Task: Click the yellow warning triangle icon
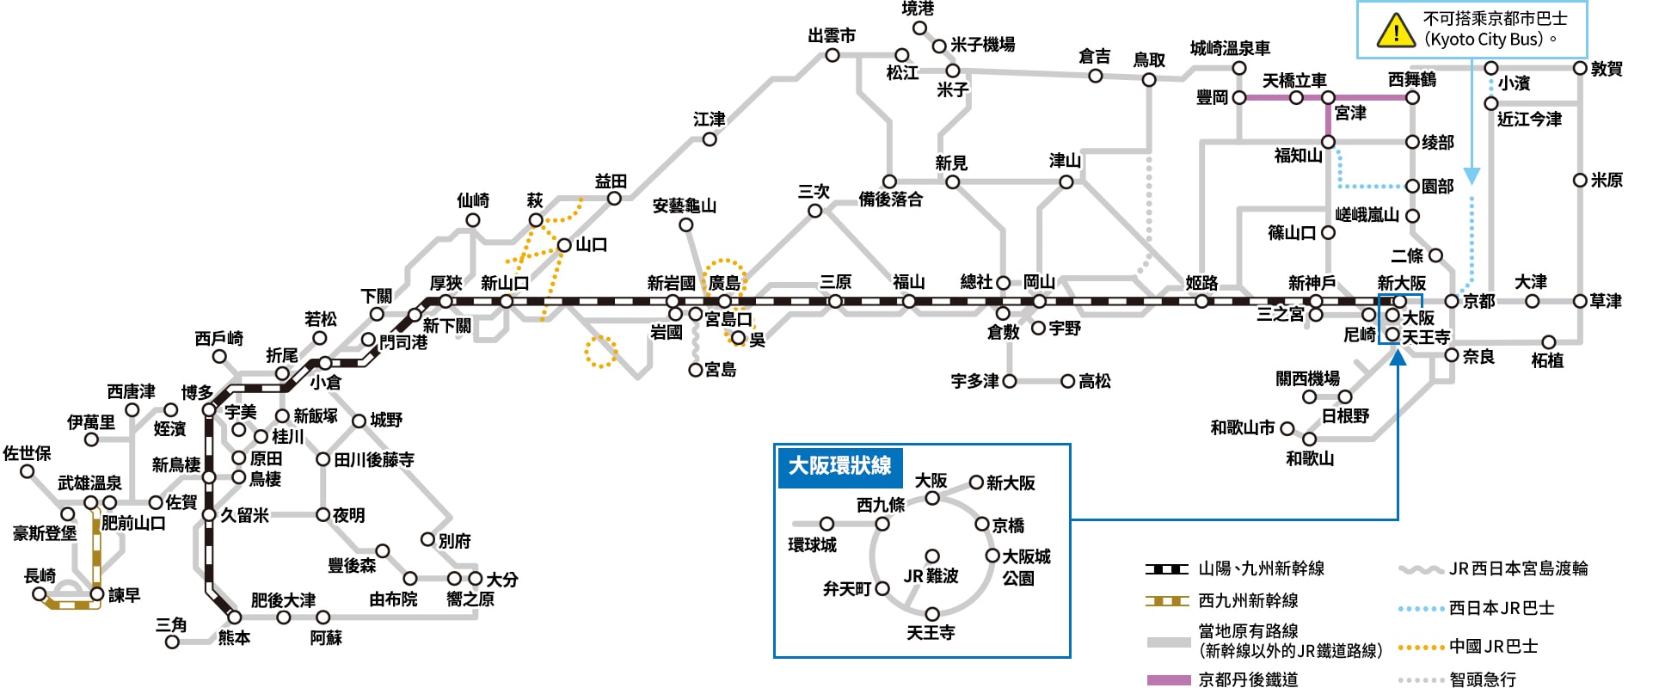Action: [x=1395, y=30]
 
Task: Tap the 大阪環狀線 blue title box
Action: [x=839, y=467]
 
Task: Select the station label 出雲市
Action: [x=832, y=36]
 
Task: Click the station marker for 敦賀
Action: [x=1580, y=68]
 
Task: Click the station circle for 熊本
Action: [x=235, y=617]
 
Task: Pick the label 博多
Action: [x=197, y=393]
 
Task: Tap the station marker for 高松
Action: [x=1068, y=381]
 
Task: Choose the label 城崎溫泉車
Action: [x=1230, y=49]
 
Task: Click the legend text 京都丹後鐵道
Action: [x=1248, y=679]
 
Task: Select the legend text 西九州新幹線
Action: [x=1248, y=601]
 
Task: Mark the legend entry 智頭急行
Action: [x=1483, y=679]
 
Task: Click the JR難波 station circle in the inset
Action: [x=932, y=556]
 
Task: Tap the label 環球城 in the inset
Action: [x=812, y=544]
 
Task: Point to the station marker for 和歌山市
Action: [x=1287, y=428]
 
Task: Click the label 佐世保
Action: [x=27, y=453]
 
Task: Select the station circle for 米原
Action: [x=1580, y=181]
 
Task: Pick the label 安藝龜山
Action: [x=684, y=206]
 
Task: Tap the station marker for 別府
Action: [x=427, y=539]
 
